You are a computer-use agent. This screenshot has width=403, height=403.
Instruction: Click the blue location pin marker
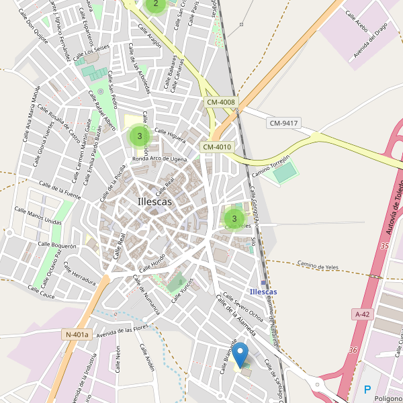point(240,354)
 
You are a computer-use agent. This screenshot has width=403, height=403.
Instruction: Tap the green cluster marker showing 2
point(156,3)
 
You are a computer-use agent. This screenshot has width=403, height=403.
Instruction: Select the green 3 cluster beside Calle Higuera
point(140,136)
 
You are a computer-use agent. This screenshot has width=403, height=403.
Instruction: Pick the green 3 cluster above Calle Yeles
point(234,218)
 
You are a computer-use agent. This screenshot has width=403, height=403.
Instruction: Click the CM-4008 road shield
point(220,102)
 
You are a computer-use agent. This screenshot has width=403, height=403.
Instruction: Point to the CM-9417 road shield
point(283,124)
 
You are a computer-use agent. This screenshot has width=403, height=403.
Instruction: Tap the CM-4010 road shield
point(216,147)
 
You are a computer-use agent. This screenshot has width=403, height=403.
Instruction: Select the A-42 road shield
point(362,314)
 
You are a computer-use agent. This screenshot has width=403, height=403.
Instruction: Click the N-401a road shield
point(77,334)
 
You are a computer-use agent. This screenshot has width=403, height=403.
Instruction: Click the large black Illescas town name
point(154,201)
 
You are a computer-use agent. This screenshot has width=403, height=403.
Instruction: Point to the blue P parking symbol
point(367,390)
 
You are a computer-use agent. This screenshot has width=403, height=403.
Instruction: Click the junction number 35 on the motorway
point(384,247)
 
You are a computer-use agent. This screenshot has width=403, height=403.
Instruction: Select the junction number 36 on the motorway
point(353,350)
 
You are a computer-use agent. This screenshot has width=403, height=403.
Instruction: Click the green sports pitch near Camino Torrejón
point(285,173)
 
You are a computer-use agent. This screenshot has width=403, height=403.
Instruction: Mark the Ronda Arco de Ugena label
point(159,159)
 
